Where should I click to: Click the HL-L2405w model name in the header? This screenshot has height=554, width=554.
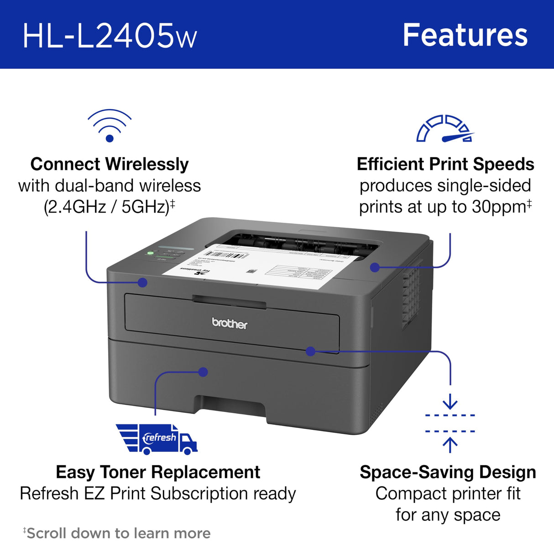(110, 36)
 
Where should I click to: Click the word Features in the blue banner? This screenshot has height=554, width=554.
(465, 35)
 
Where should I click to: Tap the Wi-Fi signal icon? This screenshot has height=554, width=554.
(110, 125)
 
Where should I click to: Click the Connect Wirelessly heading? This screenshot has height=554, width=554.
(110, 164)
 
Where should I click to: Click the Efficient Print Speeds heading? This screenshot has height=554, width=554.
(445, 164)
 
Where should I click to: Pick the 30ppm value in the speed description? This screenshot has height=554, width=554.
(499, 207)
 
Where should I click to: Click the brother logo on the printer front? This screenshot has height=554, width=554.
(230, 324)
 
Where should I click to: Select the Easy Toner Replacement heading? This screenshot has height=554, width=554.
(158, 472)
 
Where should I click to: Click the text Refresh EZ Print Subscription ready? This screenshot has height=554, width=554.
(158, 493)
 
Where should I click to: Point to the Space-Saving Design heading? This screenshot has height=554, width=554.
(448, 472)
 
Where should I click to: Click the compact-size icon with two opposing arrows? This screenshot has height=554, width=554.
(450, 423)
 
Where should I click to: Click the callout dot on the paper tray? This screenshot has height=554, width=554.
(204, 372)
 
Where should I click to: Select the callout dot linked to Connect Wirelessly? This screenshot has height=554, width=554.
(142, 282)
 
